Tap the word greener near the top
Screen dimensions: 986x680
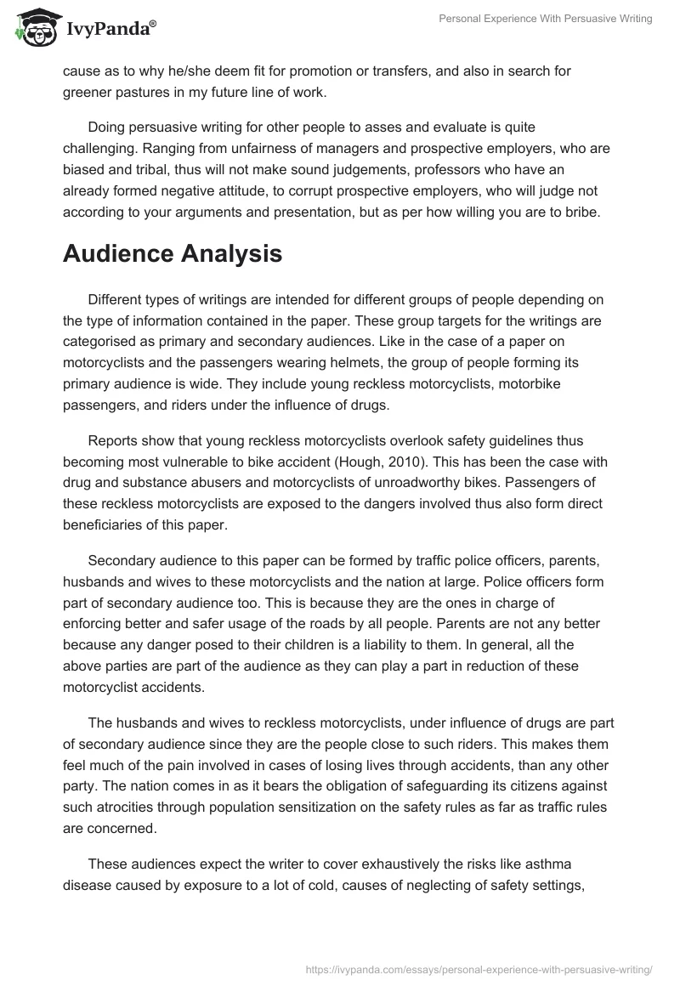click(88, 91)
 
